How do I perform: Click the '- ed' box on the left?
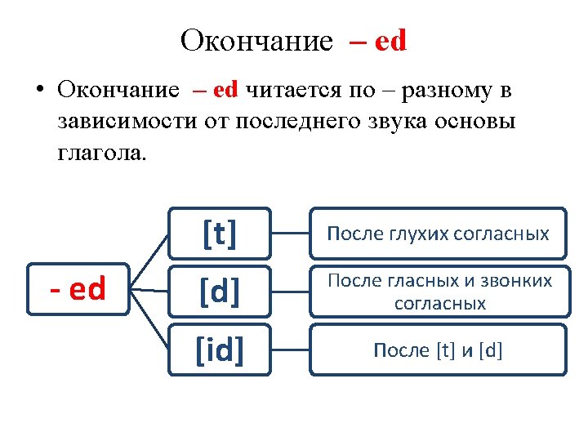click(78, 289)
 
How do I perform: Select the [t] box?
click(220, 234)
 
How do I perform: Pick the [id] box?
click(220, 350)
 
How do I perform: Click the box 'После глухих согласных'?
click(438, 234)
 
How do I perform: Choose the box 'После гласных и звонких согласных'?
click(438, 292)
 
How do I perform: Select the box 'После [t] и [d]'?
click(438, 350)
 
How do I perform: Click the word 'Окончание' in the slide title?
click(256, 40)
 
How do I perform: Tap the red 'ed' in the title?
click(390, 40)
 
